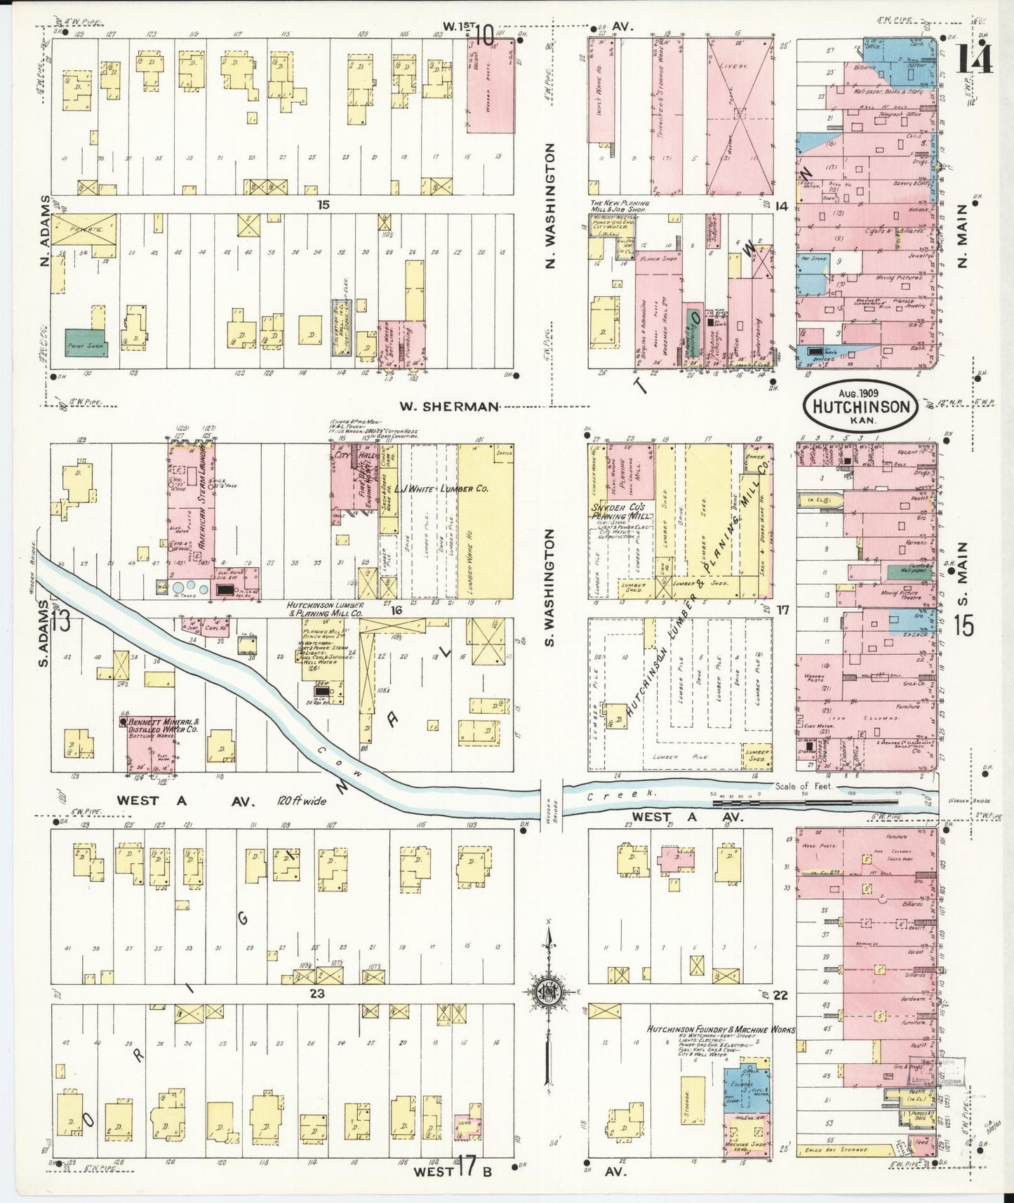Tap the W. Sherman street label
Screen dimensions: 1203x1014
click(x=449, y=406)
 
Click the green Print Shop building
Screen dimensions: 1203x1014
click(x=84, y=343)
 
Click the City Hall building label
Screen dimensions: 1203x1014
click(x=345, y=454)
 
